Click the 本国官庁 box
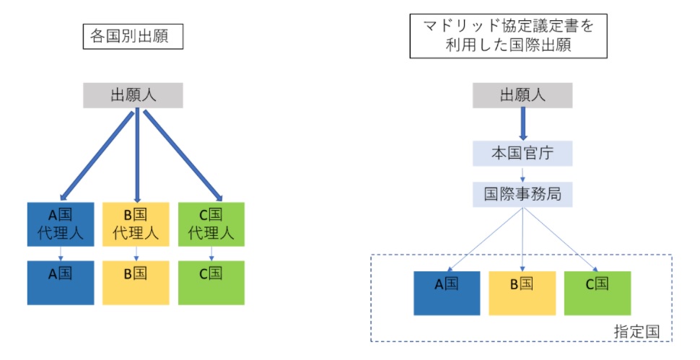pyautogui.click(x=522, y=153)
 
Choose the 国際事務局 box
pyautogui.click(x=522, y=194)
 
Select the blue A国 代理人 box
pyautogui.click(x=61, y=224)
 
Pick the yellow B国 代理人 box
pyautogui.click(x=136, y=224)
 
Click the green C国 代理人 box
pyautogui.click(x=211, y=224)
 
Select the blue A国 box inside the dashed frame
pyautogui.click(x=447, y=293)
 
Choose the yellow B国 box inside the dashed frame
pyautogui.click(x=522, y=293)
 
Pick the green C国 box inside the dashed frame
pyautogui.click(x=598, y=293)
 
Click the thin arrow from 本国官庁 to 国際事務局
pyautogui.click(x=522, y=174)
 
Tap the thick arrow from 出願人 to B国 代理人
pyautogui.click(x=136, y=155)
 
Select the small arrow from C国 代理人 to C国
pyautogui.click(x=211, y=253)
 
